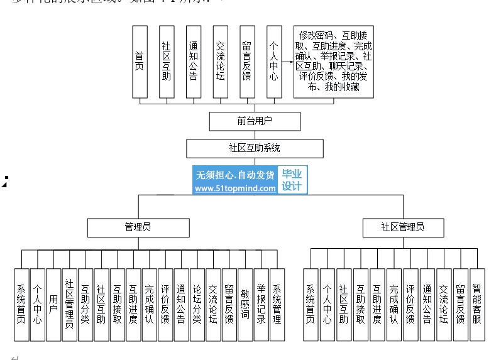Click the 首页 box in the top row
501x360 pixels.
(x=140, y=62)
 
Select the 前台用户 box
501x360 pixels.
(x=255, y=121)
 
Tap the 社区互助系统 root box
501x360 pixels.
(x=255, y=148)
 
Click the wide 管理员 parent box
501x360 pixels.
(x=138, y=227)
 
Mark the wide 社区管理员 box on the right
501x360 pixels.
(x=403, y=227)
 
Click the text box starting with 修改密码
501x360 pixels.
(x=334, y=62)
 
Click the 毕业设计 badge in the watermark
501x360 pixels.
(x=291, y=180)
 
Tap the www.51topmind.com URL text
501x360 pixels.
(x=235, y=188)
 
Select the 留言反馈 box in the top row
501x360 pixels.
(x=246, y=62)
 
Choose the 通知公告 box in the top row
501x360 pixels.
(x=193, y=62)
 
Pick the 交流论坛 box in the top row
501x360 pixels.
(x=220, y=62)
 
